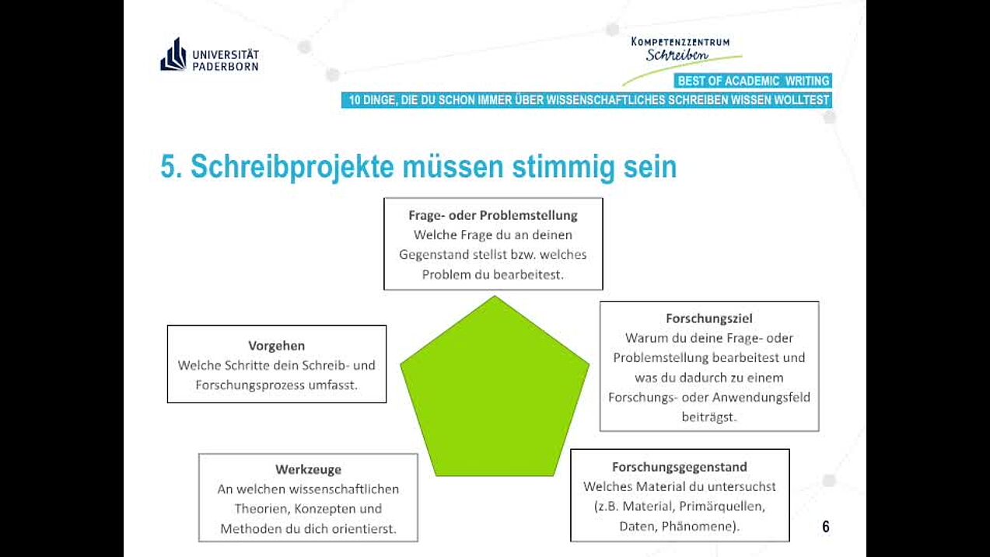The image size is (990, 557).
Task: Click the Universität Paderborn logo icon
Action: [173, 54]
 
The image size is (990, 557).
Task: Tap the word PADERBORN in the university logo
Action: [226, 66]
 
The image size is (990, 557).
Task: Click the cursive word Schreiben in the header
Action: [677, 54]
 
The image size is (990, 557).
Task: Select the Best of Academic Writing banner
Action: [753, 81]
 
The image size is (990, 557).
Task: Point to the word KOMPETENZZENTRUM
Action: [680, 42]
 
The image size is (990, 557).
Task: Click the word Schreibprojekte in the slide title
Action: [292, 167]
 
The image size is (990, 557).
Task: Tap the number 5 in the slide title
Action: [168, 166]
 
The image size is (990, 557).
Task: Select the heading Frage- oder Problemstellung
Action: [493, 215]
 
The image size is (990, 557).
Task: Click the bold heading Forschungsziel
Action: [709, 319]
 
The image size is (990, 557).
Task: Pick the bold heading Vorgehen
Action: [277, 346]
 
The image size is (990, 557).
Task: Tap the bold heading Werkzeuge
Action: [308, 469]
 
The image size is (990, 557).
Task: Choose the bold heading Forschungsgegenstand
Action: [679, 467]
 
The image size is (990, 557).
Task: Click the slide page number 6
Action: [826, 527]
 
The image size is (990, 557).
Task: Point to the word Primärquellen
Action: [722, 507]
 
